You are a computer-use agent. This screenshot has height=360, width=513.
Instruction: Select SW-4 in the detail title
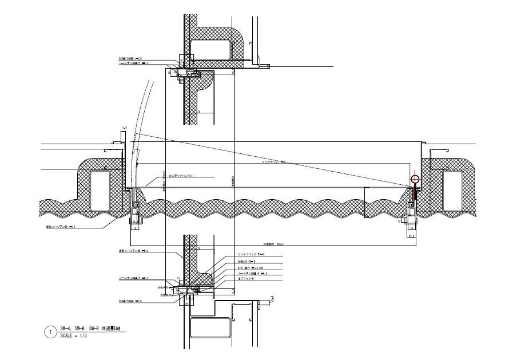66,329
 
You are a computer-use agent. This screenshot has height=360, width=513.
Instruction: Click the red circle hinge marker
415,179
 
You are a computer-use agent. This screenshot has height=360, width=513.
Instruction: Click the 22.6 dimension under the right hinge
411,234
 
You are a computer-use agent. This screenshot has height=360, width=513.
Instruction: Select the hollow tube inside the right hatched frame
454,189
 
